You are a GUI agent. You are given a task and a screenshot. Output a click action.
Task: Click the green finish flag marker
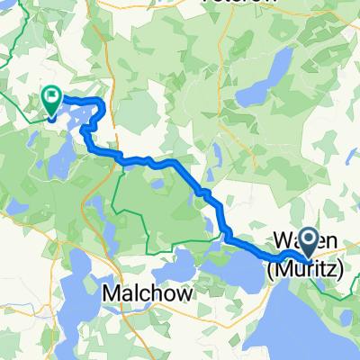coord(51,99)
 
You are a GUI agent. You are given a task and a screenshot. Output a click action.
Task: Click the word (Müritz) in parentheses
coord(305,268)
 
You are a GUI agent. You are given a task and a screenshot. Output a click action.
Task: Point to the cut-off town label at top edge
coord(237,3)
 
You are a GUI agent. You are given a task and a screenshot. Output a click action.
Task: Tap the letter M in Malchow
coord(111,293)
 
